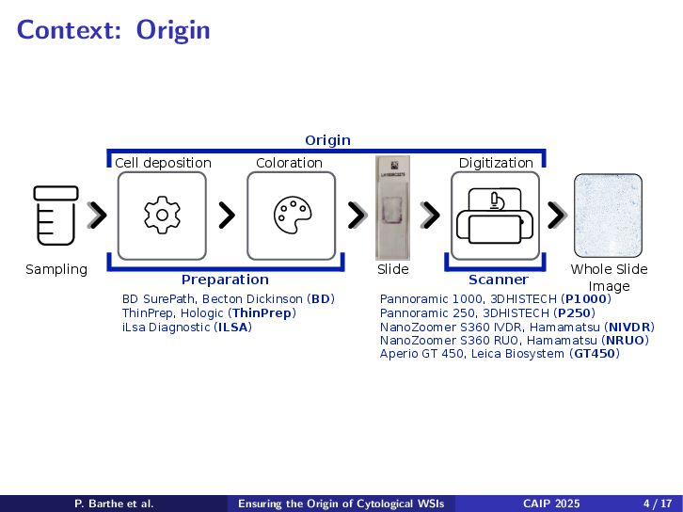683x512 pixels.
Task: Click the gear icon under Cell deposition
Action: [162, 216]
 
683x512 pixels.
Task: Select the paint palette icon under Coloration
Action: [292, 216]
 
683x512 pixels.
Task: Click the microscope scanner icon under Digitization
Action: [495, 216]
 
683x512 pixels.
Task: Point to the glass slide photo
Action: [393, 207]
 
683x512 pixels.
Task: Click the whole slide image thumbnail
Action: [608, 216]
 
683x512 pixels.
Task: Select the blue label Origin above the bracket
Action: [327, 140]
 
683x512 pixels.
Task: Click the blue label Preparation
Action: [225, 280]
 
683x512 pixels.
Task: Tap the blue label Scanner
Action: [498, 280]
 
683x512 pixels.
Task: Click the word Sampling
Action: [56, 269]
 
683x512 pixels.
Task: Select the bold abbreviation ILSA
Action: [233, 327]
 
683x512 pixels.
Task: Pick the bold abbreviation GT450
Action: [595, 354]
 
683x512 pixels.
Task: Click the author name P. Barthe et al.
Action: [114, 504]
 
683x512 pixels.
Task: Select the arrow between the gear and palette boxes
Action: [226, 216]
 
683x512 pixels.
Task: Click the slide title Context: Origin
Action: [114, 30]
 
